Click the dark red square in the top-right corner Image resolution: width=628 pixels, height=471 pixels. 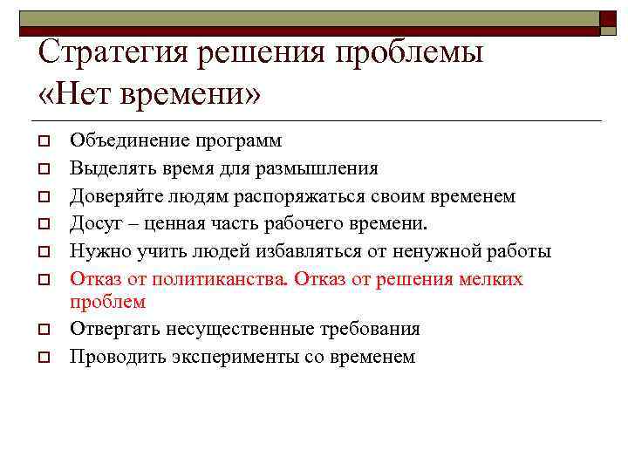607,18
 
